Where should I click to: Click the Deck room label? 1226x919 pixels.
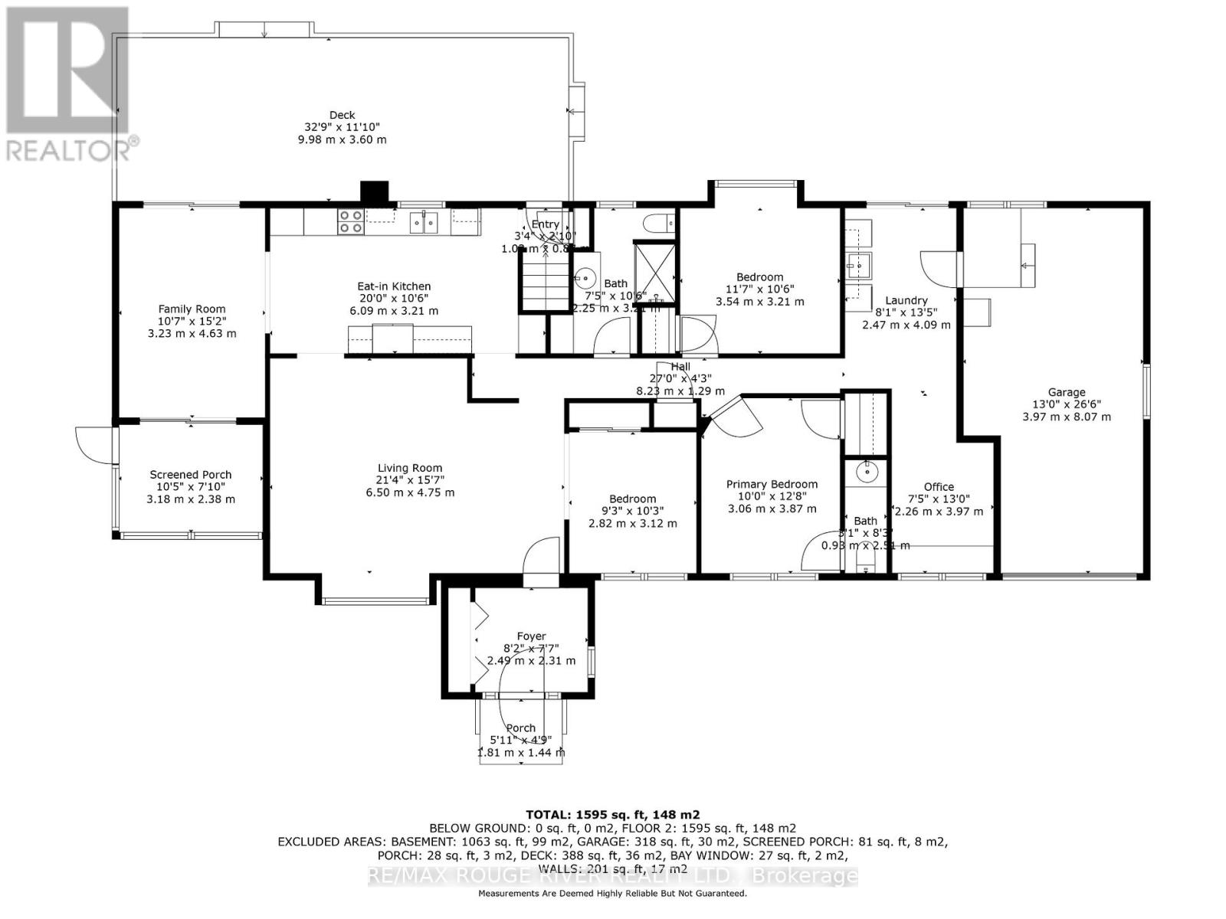tap(342, 116)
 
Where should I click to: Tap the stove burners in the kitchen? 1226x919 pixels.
tap(351, 221)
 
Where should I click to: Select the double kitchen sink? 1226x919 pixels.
tap(424, 222)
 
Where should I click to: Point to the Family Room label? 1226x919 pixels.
tap(192, 309)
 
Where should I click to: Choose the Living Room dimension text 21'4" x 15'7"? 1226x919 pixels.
tap(410, 480)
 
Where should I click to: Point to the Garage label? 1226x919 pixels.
tap(1067, 392)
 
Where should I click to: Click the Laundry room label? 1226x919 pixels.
tap(906, 300)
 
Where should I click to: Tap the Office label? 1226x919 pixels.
tap(939, 486)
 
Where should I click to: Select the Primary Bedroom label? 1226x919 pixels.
tap(772, 484)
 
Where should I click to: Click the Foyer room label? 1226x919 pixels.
tap(531, 636)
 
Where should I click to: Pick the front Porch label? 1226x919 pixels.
tap(521, 728)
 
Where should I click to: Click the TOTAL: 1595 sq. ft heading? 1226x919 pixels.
tap(612, 815)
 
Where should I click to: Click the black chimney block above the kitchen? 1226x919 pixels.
tap(375, 191)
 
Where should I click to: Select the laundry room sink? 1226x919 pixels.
tap(857, 266)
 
